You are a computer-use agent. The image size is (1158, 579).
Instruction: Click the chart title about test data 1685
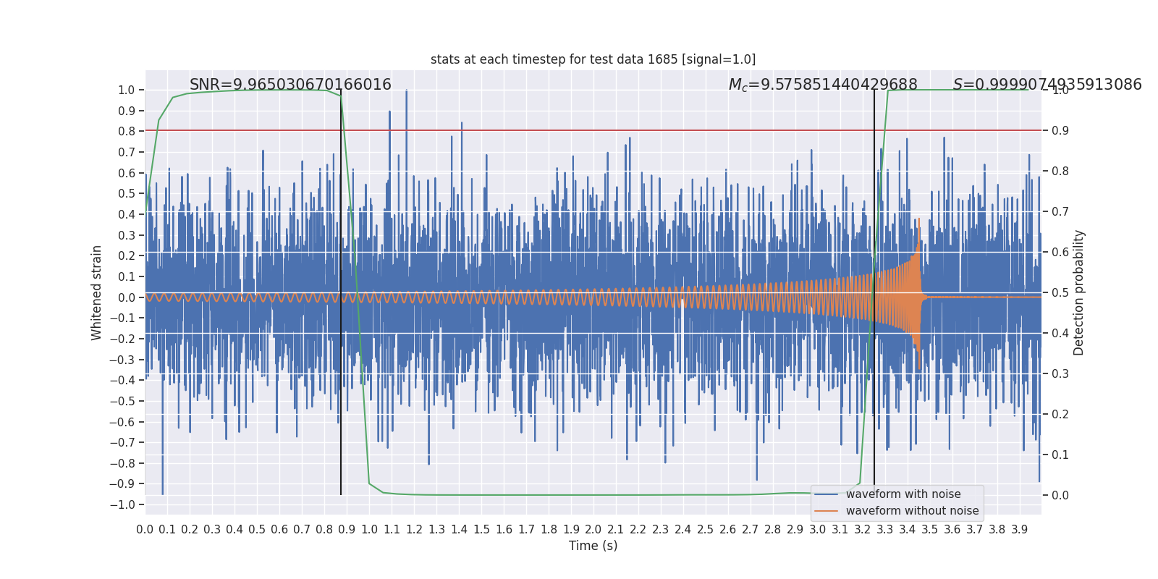click(593, 59)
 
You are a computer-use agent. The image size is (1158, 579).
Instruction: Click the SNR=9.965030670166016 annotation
click(290, 85)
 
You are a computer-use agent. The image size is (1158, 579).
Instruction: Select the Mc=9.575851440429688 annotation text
click(823, 85)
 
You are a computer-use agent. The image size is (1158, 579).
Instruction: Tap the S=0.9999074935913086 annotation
click(1047, 85)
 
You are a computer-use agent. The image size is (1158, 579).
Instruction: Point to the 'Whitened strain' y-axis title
click(97, 292)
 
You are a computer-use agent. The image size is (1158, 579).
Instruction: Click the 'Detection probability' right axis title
click(1079, 292)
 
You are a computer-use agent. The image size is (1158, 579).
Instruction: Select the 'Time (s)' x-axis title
click(593, 546)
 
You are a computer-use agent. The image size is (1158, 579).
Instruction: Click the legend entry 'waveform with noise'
click(903, 494)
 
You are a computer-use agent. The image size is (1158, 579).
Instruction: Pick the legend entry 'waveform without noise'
click(912, 511)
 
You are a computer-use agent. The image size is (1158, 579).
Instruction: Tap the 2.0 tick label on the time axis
click(593, 530)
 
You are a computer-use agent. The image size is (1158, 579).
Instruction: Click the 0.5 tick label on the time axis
click(257, 530)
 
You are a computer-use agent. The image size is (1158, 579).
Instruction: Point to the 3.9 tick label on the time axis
click(1019, 530)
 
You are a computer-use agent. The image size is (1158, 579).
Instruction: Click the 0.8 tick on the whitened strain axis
click(127, 132)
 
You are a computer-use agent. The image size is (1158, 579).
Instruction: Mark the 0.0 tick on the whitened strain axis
click(127, 297)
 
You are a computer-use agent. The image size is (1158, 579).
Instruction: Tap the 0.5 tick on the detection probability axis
click(1060, 292)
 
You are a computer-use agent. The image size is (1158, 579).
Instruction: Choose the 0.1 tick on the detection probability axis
click(1060, 455)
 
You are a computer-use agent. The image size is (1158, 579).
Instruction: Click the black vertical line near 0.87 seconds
click(341, 362)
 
